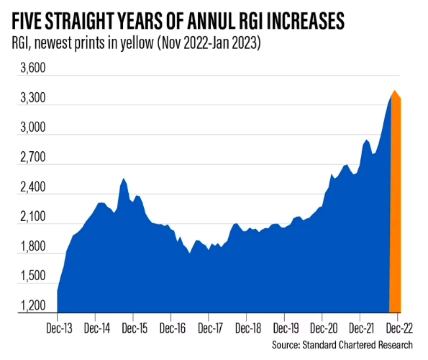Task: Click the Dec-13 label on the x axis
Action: click(58, 327)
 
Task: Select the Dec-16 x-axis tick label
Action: click(170, 327)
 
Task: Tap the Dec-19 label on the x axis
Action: click(284, 327)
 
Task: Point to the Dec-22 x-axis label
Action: click(397, 327)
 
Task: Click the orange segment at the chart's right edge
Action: click(395, 216)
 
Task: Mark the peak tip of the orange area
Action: click(394, 91)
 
